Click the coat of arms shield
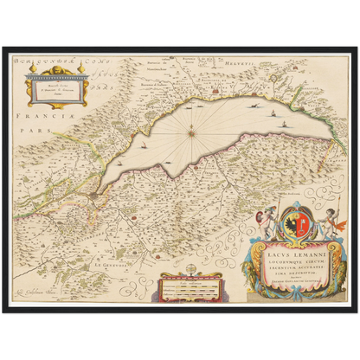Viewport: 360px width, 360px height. pyautogui.click(x=292, y=220)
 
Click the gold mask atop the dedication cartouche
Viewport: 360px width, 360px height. pyautogui.click(x=56, y=73)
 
